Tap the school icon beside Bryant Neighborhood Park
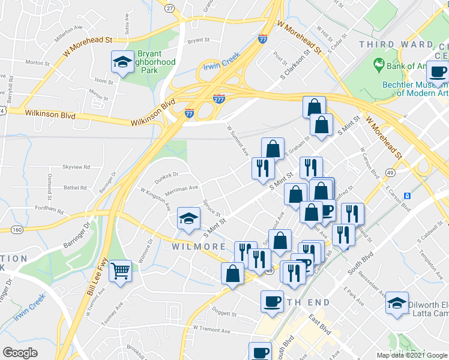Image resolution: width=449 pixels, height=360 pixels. click(x=123, y=62)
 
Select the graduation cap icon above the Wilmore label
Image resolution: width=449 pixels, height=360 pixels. click(x=188, y=218)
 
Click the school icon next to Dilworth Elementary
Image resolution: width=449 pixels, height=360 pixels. click(x=397, y=303)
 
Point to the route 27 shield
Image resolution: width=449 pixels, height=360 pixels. click(x=170, y=8)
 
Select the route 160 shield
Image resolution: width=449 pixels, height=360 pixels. click(x=16, y=229)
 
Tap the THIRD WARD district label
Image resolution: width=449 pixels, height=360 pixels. click(x=396, y=44)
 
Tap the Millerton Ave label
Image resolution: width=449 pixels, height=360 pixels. click(x=68, y=28)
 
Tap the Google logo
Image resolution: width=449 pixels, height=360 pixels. click(x=20, y=353)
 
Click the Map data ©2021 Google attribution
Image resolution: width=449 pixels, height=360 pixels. click(x=411, y=355)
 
